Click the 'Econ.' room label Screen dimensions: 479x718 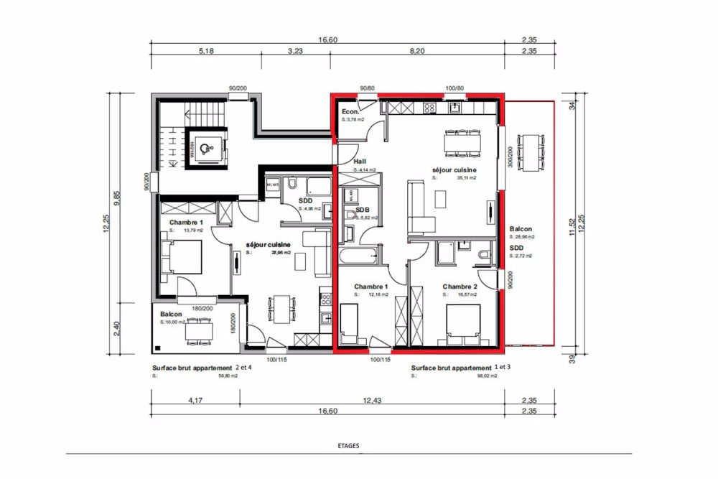coord(350,112)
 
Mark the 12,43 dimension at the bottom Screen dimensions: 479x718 coord(373,401)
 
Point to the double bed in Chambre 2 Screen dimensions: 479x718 coord(463,324)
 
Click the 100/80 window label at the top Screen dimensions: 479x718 coord(454,88)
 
